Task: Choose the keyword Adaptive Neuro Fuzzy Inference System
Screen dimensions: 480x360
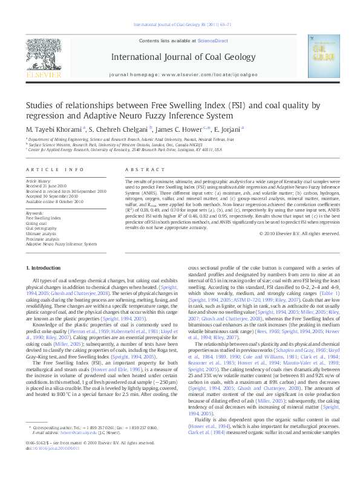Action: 61,244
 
